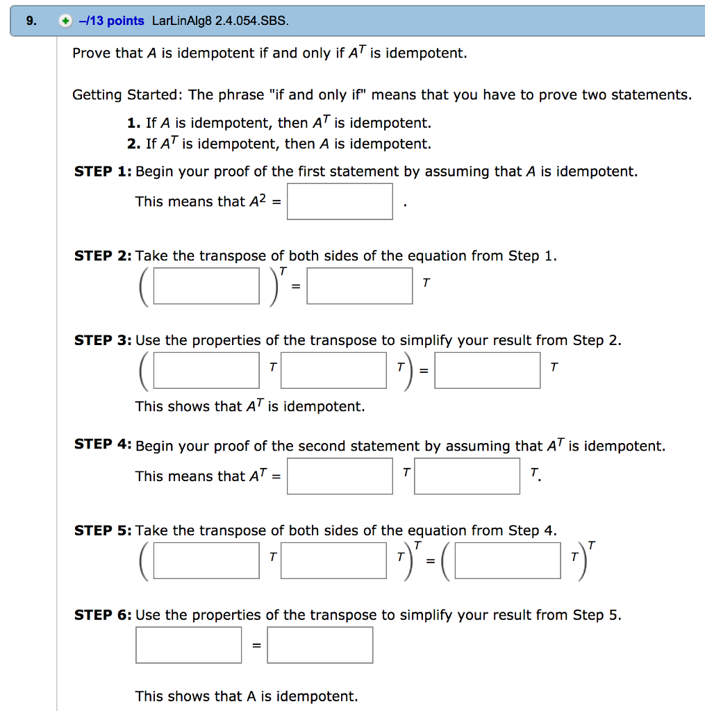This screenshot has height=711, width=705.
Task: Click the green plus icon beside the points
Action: [65, 21]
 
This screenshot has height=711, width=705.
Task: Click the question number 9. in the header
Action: [31, 21]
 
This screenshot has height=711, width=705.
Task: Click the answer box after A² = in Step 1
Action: [340, 201]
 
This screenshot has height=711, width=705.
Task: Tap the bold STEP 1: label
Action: [103, 172]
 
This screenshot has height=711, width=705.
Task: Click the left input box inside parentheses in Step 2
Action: [206, 286]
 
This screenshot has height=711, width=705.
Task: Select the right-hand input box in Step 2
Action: [360, 286]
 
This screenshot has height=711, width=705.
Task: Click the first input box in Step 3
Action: [206, 370]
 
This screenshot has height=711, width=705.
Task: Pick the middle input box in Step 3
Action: [333, 370]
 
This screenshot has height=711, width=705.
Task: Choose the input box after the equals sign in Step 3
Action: [488, 370]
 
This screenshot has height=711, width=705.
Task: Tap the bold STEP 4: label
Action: [103, 444]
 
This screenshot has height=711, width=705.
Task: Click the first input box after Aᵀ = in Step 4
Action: [340, 476]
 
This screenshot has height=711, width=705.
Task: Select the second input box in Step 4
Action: [467, 476]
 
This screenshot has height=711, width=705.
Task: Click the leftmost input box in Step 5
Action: [206, 560]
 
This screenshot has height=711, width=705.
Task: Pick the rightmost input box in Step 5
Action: [508, 560]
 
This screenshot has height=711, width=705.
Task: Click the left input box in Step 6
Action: [189, 645]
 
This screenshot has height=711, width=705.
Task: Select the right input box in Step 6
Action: [320, 645]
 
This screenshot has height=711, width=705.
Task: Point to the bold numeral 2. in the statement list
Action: [134, 144]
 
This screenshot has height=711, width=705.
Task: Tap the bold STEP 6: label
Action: [103, 615]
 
